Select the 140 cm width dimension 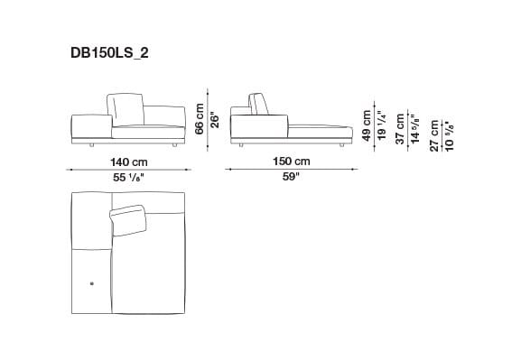(x=130, y=162)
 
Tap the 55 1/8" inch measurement (x=130, y=178)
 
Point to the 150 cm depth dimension (x=291, y=162)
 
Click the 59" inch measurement (x=291, y=178)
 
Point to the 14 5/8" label (x=416, y=132)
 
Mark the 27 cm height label (x=434, y=136)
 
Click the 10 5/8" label (x=449, y=136)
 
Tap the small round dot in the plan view (x=91, y=285)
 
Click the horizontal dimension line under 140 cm (x=130, y=170)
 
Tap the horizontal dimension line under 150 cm (x=291, y=170)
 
